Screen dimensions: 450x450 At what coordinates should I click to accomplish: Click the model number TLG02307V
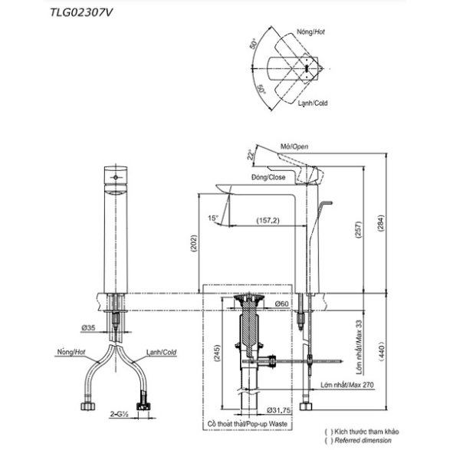81,12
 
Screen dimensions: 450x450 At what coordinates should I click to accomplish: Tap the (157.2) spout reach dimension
268,221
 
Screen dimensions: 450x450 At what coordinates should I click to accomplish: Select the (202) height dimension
194,243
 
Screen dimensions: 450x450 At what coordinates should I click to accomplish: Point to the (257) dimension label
359,229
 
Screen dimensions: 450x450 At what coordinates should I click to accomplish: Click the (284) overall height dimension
380,223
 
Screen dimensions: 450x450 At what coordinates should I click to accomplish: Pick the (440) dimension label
381,351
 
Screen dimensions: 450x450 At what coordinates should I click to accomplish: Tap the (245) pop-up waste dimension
217,353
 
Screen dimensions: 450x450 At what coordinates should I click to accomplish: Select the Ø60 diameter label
281,304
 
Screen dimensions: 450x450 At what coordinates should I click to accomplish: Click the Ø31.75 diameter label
278,410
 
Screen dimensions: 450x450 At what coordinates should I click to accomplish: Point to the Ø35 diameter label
88,327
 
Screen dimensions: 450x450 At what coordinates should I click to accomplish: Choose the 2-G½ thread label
119,414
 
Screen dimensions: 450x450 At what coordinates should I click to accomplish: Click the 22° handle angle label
251,154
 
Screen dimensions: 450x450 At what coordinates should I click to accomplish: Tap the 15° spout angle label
213,218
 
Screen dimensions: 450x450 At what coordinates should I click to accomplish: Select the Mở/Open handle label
294,146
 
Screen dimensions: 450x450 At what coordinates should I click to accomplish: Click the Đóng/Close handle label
268,177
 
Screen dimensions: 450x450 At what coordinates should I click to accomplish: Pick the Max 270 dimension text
347,385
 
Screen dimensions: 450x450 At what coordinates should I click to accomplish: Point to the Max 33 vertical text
359,347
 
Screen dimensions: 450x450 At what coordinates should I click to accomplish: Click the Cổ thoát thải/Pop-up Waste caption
248,424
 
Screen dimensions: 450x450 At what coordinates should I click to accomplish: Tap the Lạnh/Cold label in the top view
313,103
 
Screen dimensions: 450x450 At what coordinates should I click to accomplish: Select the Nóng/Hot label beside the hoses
71,352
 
